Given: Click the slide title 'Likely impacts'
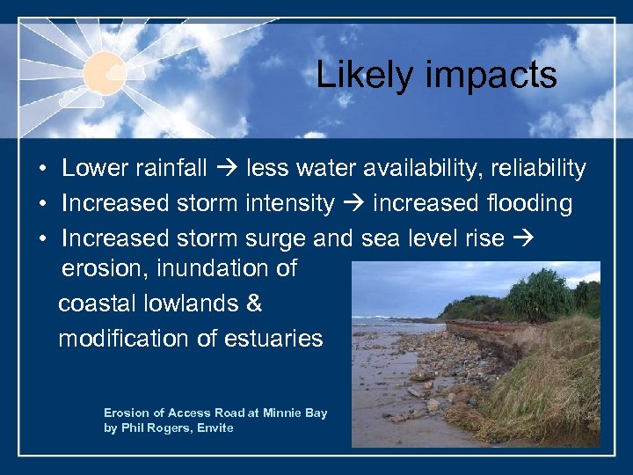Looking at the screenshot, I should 436,76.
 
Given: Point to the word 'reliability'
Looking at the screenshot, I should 537,168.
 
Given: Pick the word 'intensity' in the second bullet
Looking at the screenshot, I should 289,204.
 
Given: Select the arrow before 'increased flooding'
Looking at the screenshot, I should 354,204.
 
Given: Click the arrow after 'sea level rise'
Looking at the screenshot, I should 521,239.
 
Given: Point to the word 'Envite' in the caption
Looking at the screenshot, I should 215,427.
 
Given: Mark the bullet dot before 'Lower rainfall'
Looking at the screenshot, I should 42,169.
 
